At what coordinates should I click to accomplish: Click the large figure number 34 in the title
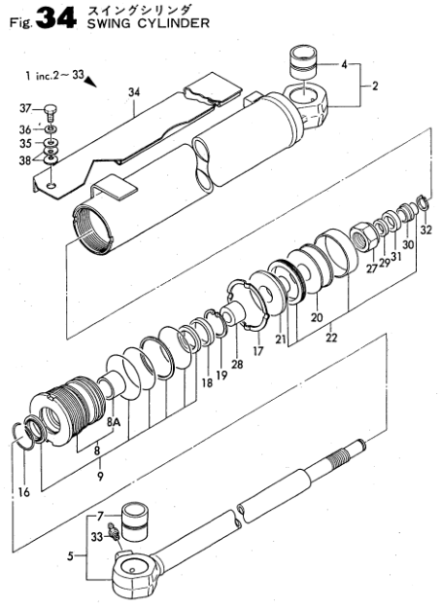tap(56, 19)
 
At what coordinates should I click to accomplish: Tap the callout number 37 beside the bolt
tap(25, 109)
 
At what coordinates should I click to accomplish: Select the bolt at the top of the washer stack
tap(51, 113)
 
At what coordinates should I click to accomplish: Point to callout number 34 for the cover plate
tap(134, 92)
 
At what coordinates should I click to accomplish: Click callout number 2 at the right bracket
tap(375, 86)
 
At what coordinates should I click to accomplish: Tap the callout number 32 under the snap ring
tap(425, 230)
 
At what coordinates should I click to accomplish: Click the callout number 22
tap(331, 338)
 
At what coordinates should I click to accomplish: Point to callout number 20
tap(317, 317)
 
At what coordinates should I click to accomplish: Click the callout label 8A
tap(115, 423)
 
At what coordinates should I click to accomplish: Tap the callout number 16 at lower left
tap(24, 492)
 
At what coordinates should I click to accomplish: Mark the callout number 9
tap(100, 476)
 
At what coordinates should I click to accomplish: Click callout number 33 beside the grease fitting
tap(97, 537)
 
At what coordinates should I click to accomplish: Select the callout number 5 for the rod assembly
tap(70, 556)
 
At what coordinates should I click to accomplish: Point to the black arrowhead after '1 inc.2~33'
tap(90, 81)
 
